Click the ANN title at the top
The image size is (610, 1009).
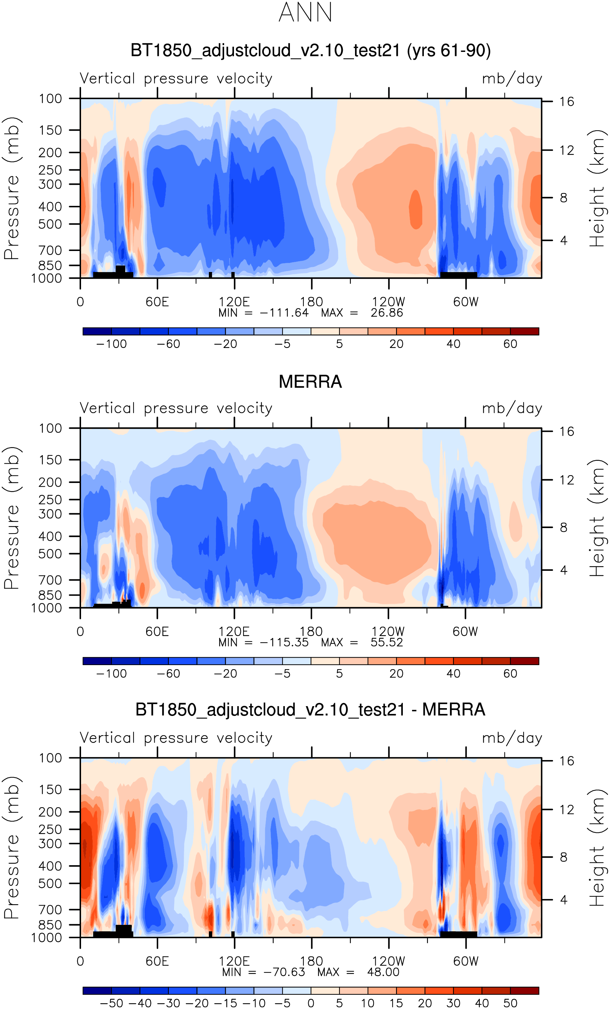(x=305, y=13)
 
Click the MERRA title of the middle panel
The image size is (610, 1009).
(x=310, y=382)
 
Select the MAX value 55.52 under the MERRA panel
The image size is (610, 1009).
(x=387, y=642)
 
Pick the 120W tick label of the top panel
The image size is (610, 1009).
(x=388, y=302)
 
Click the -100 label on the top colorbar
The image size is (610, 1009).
(x=111, y=344)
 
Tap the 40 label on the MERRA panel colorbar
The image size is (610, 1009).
(x=453, y=674)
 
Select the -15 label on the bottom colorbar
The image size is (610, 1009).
(x=225, y=1003)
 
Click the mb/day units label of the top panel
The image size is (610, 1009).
(x=512, y=79)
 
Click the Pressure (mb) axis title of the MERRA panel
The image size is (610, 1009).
(x=12, y=518)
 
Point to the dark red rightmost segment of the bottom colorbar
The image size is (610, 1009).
(x=525, y=991)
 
